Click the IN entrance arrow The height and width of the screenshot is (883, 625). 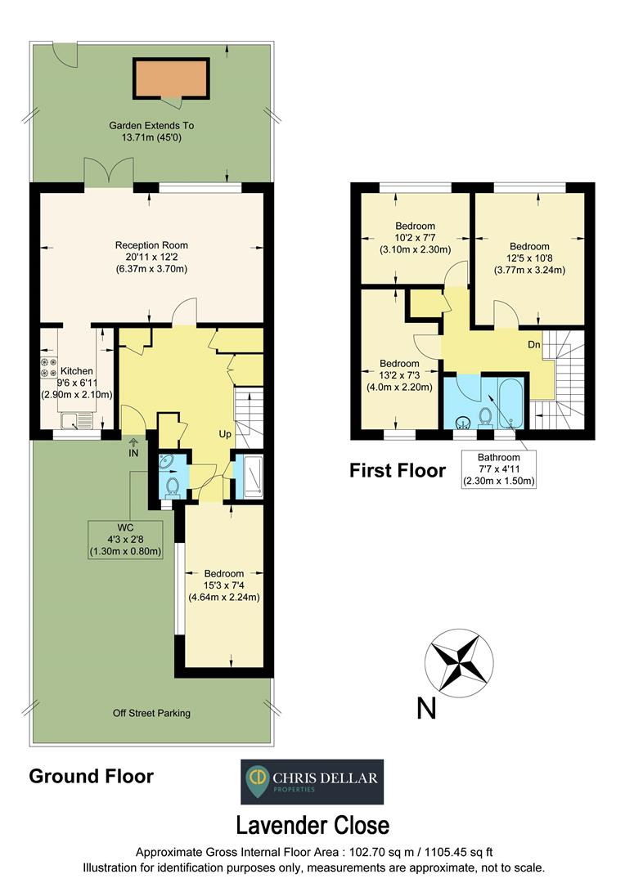tap(133, 449)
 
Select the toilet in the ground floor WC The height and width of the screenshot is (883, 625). tap(172, 487)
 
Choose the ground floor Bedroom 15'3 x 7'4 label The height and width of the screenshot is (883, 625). tap(223, 585)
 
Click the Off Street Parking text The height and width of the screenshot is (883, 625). tap(151, 713)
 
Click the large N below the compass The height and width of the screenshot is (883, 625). tap(426, 708)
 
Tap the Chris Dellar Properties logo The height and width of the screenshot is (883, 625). tap(312, 782)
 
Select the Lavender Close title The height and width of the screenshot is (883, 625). tap(312, 824)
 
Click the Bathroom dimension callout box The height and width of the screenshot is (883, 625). tap(498, 469)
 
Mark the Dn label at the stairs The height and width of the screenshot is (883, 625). tap(533, 345)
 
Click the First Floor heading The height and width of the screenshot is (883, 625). tap(398, 470)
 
